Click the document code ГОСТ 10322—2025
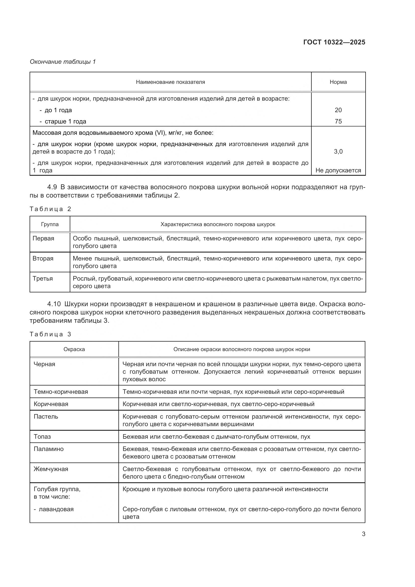334,42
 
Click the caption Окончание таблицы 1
63,62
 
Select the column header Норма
338,82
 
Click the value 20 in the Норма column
338,110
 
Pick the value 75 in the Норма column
338,121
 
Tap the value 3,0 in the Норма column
338,152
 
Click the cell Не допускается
338,170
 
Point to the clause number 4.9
52,187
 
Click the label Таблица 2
50,209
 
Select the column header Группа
50,224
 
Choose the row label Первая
43,238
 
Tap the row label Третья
43,279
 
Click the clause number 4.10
54,304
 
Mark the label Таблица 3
50,334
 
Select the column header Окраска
74,350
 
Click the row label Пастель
46,417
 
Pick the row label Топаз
42,437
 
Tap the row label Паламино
49,449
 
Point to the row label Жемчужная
51,469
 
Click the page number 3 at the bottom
363,534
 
